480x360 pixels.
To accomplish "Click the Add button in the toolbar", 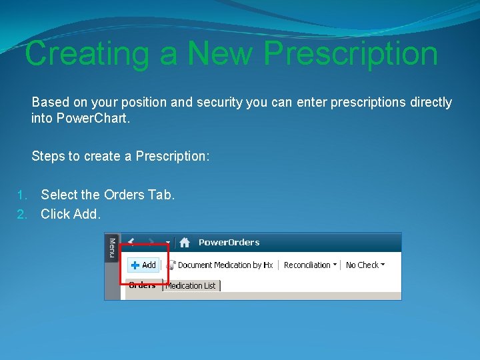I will tap(143, 265).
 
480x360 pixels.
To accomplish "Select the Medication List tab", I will tap(191, 286).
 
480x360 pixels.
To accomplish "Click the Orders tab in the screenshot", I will tap(142, 285).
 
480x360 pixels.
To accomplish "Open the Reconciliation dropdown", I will tap(310, 265).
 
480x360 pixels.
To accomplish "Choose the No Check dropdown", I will tap(365, 265).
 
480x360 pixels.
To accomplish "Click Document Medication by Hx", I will tap(220, 265).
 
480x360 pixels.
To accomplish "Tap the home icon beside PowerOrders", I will tap(185, 243).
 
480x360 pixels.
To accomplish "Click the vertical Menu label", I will tap(112, 248).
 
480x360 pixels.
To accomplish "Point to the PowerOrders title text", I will tap(229, 243).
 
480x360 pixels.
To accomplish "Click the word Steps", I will tap(48, 156).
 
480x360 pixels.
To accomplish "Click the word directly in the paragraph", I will tap(430, 103).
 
